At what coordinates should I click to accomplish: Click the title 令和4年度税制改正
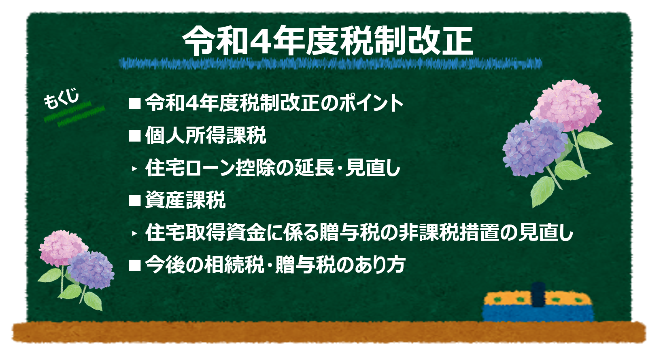(327, 41)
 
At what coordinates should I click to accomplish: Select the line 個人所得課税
(206, 136)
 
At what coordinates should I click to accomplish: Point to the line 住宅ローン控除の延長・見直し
(272, 168)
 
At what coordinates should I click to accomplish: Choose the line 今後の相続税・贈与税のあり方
(275, 265)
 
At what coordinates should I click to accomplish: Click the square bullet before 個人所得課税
(134, 136)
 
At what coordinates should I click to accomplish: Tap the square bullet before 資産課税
(134, 201)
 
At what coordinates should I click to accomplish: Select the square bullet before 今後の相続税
(134, 265)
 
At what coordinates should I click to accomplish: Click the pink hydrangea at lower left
(63, 248)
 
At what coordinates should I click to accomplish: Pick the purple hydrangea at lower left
(91, 270)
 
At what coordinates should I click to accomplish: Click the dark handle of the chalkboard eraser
(538, 295)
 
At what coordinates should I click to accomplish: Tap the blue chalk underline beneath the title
(330, 64)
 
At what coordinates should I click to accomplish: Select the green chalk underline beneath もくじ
(74, 113)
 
